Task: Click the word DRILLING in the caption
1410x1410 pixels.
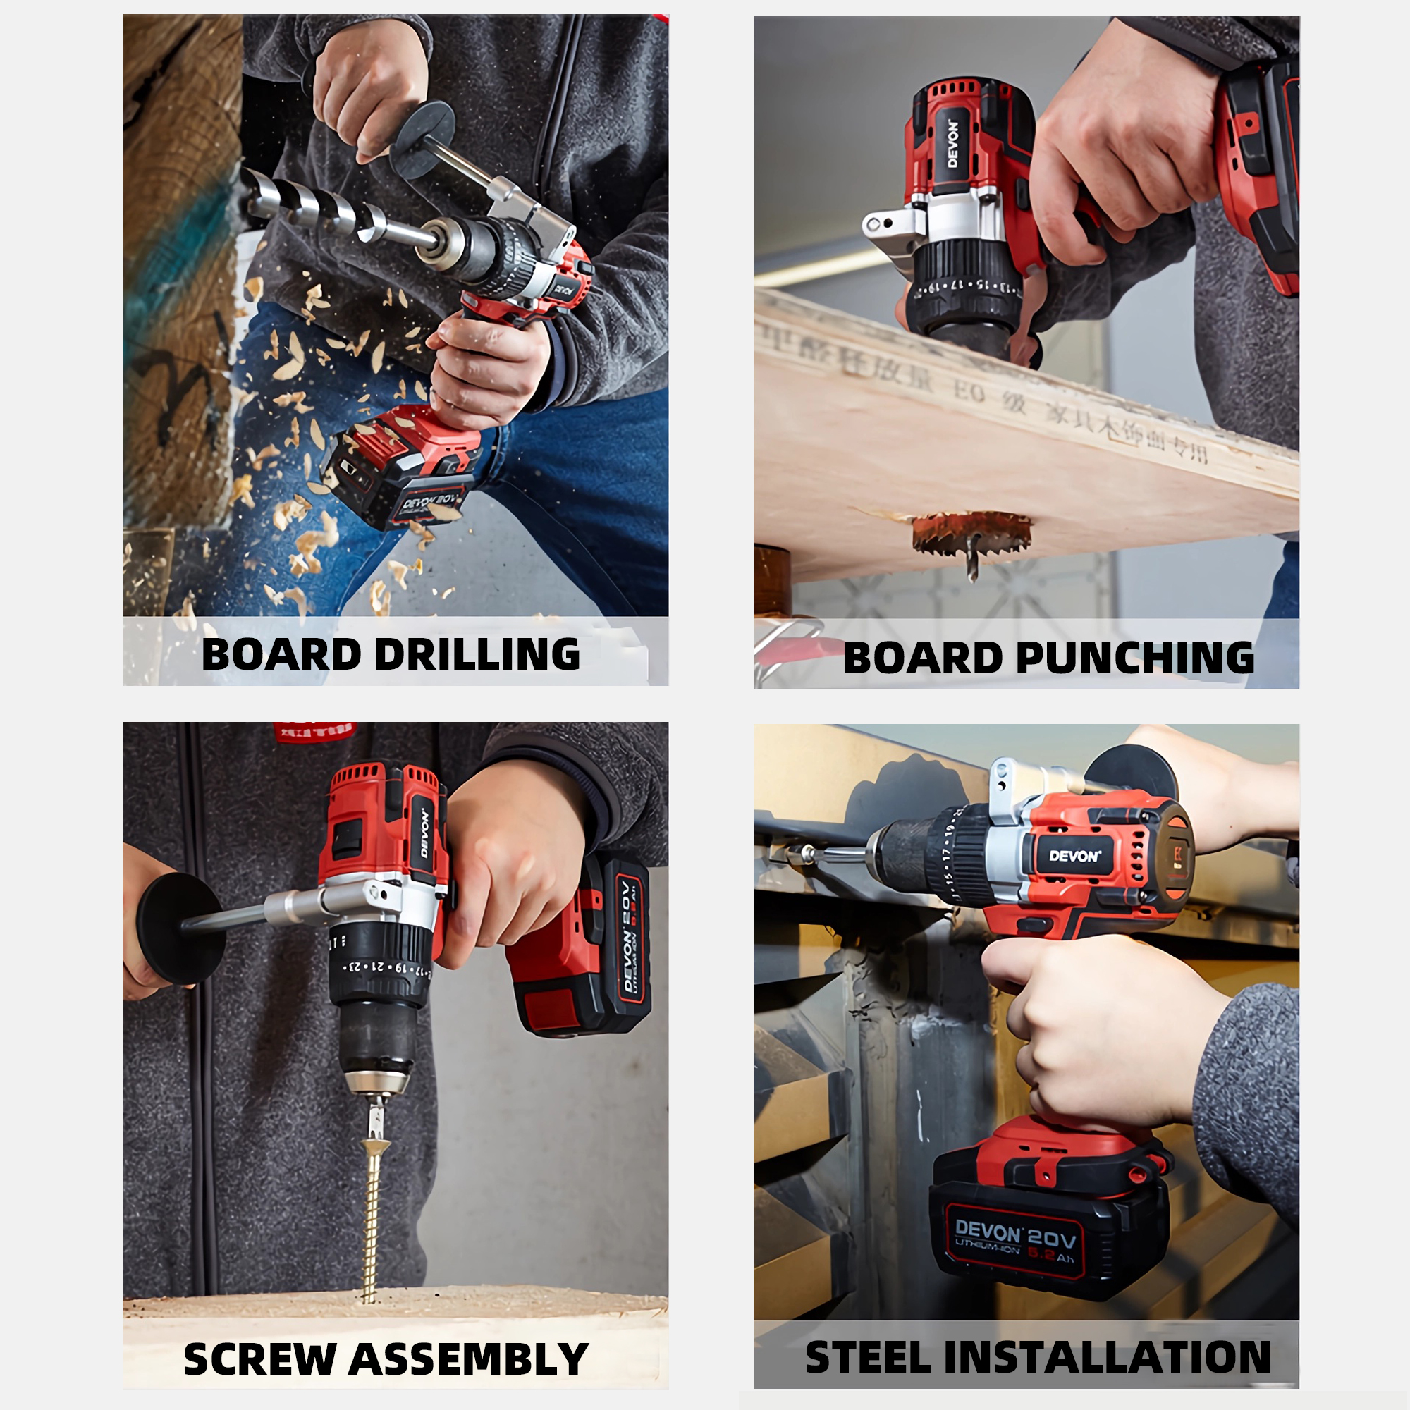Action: tap(477, 654)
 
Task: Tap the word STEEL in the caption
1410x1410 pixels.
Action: tap(868, 1357)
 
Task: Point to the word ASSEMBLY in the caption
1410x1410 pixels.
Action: tap(469, 1359)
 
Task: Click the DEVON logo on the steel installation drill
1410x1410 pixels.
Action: tap(1074, 856)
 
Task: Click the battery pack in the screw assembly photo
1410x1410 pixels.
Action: tap(584, 949)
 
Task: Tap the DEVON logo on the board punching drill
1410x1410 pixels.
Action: tap(953, 143)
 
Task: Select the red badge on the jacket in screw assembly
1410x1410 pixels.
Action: tap(314, 731)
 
